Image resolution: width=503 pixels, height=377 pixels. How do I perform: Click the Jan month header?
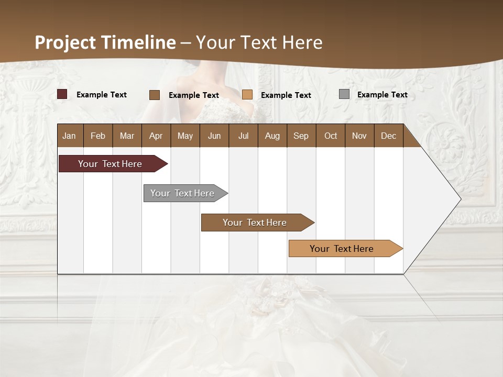coord(69,136)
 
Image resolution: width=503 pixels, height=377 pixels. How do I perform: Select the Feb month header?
coord(98,136)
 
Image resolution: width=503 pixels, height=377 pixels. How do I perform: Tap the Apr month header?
coord(156,136)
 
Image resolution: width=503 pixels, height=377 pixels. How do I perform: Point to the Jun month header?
coord(214,136)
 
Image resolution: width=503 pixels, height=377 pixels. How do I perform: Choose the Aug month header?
coord(272,136)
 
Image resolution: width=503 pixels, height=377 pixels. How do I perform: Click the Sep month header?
coord(301,136)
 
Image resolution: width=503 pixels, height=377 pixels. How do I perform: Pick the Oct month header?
coord(331,136)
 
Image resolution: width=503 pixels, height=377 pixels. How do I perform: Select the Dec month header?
coord(388,136)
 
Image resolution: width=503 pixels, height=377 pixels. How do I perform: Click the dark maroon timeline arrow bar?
coord(110,164)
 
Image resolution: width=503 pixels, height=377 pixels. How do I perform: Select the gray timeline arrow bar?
coord(182,193)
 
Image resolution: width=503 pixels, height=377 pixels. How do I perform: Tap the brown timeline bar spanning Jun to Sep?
coord(255,223)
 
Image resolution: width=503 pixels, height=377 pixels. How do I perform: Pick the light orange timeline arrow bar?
coord(342,249)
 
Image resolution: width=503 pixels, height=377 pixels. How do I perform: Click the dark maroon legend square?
coord(62,94)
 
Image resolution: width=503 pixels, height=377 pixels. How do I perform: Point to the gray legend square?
coord(344,94)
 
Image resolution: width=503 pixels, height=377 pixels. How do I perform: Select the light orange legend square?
coord(247,95)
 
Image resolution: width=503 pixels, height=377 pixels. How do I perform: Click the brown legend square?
coord(155,95)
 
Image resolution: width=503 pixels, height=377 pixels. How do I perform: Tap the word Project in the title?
coord(65,42)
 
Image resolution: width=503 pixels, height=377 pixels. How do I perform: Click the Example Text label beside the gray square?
coord(382,95)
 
